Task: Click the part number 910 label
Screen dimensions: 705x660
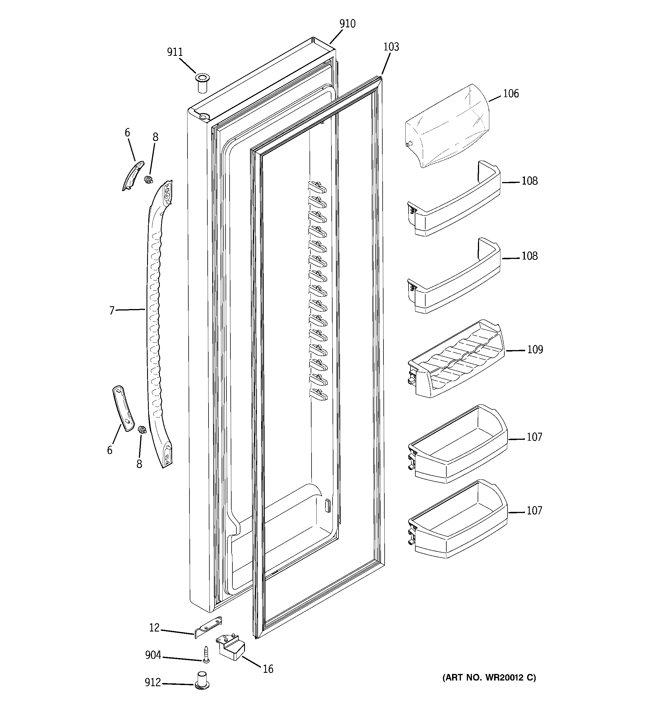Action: (x=347, y=24)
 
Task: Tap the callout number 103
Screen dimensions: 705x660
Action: (x=391, y=47)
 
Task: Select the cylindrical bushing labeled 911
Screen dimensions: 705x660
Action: (x=202, y=84)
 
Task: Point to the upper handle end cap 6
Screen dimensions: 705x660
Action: (x=133, y=175)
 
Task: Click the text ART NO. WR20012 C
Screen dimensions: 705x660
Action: (x=489, y=678)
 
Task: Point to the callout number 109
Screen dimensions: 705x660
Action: (x=535, y=350)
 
